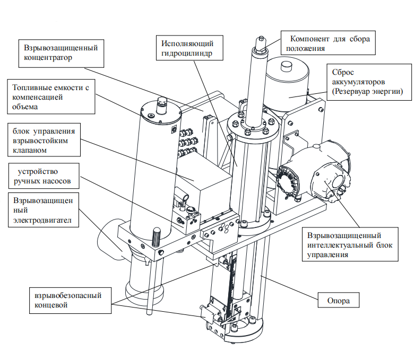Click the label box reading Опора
click(x=339, y=300)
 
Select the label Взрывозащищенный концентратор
click(x=61, y=54)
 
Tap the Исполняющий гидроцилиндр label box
click(x=189, y=48)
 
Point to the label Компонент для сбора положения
click(x=328, y=43)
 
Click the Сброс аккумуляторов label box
click(x=369, y=82)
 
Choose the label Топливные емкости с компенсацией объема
click(x=51, y=97)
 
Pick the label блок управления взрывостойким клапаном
click(x=44, y=139)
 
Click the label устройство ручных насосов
click(x=44, y=176)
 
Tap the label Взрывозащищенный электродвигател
click(x=44, y=210)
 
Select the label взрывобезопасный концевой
click(x=70, y=301)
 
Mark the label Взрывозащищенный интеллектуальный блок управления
click(x=350, y=244)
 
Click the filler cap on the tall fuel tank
click(x=161, y=106)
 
